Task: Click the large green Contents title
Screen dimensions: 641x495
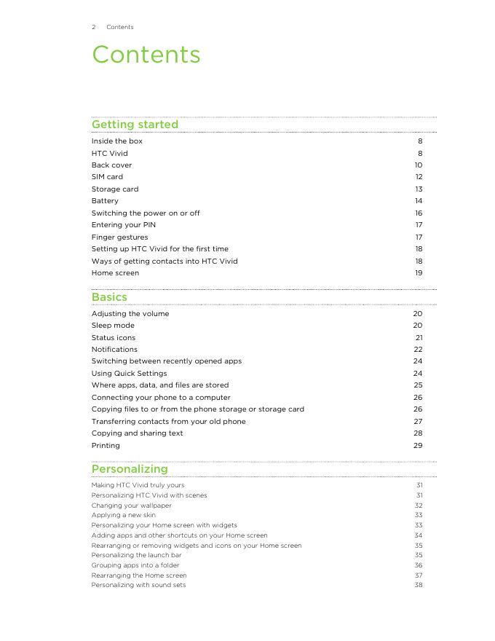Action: [x=146, y=55]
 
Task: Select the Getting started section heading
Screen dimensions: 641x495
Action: [x=135, y=125]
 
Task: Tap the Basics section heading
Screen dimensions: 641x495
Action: [x=109, y=297]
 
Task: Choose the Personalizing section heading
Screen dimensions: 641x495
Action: [x=130, y=469]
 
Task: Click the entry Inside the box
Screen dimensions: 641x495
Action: [x=116, y=141]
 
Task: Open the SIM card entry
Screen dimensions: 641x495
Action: [x=107, y=177]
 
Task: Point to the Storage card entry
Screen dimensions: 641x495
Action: [x=114, y=189]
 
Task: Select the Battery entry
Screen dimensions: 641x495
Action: [x=105, y=201]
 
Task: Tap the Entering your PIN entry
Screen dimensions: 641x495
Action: [x=123, y=225]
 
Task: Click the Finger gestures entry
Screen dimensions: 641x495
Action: [x=119, y=237]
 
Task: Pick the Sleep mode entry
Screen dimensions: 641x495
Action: [x=113, y=326]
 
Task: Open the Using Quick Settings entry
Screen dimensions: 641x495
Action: [x=129, y=374]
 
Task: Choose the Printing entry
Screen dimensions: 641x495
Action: [x=106, y=446]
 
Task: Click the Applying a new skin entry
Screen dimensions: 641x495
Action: [x=123, y=515]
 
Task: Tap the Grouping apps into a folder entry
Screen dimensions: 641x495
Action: [x=135, y=565]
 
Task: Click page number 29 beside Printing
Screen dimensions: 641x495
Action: [x=418, y=446]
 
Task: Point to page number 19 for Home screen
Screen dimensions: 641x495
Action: [x=419, y=273]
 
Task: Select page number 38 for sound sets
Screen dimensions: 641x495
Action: [x=419, y=585]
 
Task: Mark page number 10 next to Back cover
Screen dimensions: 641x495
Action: [x=419, y=165]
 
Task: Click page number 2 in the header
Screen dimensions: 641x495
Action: [x=94, y=27]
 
